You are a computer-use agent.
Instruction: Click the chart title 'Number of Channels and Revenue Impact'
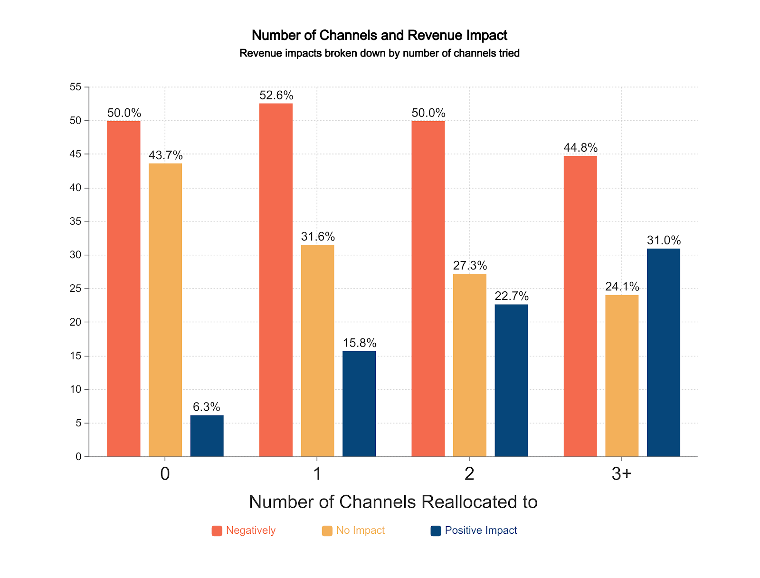click(380, 35)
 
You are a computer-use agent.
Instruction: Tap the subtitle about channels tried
click(380, 53)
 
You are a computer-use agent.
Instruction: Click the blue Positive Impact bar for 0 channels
click(207, 436)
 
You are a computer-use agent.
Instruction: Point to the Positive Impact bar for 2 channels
click(511, 380)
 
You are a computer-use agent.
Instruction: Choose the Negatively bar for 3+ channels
click(580, 306)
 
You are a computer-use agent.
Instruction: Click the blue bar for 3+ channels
click(663, 352)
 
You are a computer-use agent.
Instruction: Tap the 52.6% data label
click(276, 96)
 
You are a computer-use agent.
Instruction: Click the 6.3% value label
click(207, 407)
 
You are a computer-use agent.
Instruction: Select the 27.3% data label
click(470, 266)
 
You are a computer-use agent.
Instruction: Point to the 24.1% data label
click(622, 287)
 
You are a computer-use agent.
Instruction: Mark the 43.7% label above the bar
click(165, 155)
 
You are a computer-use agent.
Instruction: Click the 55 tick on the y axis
click(76, 87)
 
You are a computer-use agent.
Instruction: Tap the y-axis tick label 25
click(76, 289)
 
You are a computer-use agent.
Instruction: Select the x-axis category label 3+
click(621, 474)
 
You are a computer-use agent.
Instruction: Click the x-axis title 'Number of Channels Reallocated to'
click(393, 502)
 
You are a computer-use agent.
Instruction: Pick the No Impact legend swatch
click(327, 531)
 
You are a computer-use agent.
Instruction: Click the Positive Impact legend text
click(481, 530)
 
